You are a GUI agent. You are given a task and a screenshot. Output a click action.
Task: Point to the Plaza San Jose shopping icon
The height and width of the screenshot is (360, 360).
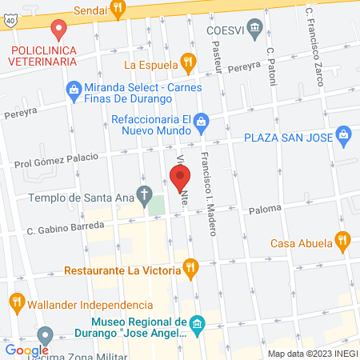[x=344, y=134]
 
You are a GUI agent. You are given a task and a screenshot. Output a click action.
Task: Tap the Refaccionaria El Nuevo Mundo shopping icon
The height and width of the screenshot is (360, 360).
[x=202, y=122]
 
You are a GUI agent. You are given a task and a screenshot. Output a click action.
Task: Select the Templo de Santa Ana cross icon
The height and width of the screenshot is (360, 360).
[x=144, y=193]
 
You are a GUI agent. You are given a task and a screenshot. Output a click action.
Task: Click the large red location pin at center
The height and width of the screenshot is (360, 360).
[x=182, y=178]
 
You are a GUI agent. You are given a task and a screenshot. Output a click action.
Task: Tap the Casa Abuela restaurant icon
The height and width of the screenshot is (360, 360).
[x=343, y=238]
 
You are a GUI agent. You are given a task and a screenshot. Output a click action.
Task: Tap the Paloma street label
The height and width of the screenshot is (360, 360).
[x=265, y=209]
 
